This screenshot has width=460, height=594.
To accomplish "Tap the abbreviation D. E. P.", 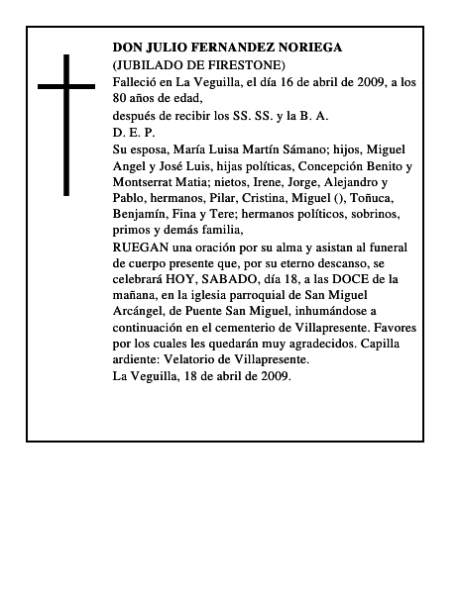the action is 134,132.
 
